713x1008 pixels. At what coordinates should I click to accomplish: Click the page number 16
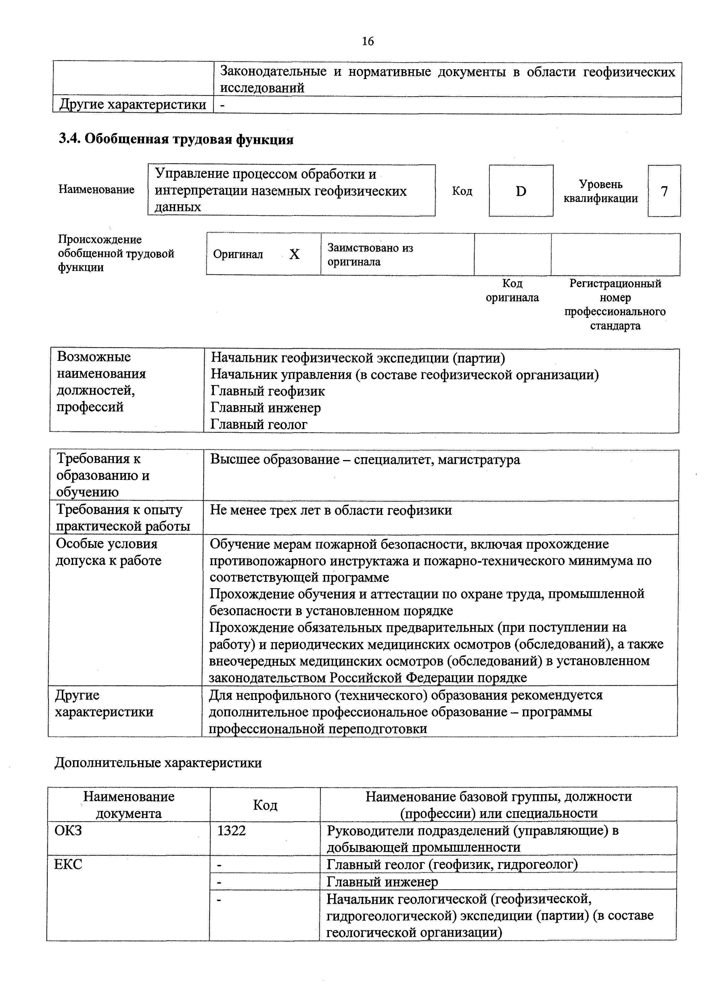tap(368, 41)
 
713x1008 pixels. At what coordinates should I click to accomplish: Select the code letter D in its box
tap(521, 191)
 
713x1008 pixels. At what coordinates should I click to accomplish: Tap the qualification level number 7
tap(664, 191)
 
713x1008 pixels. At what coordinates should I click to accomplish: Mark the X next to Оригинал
tap(294, 254)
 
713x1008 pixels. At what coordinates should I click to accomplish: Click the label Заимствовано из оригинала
tap(370, 255)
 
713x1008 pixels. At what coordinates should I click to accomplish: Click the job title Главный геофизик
tap(268, 391)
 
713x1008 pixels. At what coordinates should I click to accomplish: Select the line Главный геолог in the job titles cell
tap(259, 424)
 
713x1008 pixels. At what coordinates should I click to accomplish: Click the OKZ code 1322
tap(231, 831)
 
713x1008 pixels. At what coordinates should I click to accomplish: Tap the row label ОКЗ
tap(68, 831)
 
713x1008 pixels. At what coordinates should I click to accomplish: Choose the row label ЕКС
tap(68, 864)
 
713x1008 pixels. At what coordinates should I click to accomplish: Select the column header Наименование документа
tap(129, 805)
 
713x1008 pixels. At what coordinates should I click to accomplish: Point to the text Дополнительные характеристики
tap(158, 763)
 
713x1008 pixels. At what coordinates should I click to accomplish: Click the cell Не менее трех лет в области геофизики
tap(331, 510)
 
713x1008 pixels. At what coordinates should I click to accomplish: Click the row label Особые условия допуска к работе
tap(108, 552)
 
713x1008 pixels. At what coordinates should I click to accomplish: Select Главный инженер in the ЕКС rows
tap(382, 882)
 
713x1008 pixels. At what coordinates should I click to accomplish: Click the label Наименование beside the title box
tap(96, 190)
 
